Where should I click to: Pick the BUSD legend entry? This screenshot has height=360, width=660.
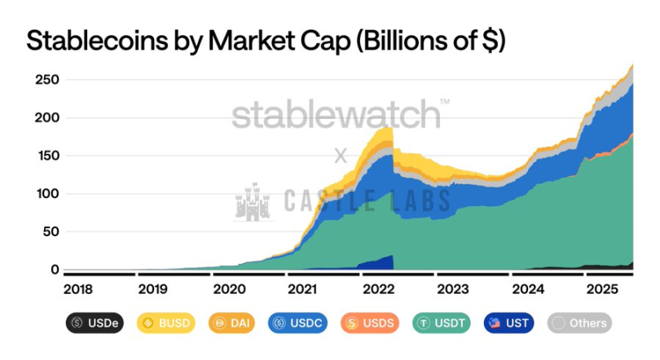(x=166, y=323)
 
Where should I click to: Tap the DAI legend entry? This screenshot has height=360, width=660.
(x=232, y=323)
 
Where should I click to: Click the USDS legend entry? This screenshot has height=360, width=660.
(x=371, y=323)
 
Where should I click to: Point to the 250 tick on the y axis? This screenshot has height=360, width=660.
(x=47, y=80)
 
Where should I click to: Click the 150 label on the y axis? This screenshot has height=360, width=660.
(x=47, y=156)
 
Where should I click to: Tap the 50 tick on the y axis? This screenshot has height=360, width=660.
(x=51, y=231)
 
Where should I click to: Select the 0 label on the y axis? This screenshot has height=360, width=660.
(x=55, y=270)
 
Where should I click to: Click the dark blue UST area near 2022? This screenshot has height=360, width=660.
(x=381, y=262)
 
